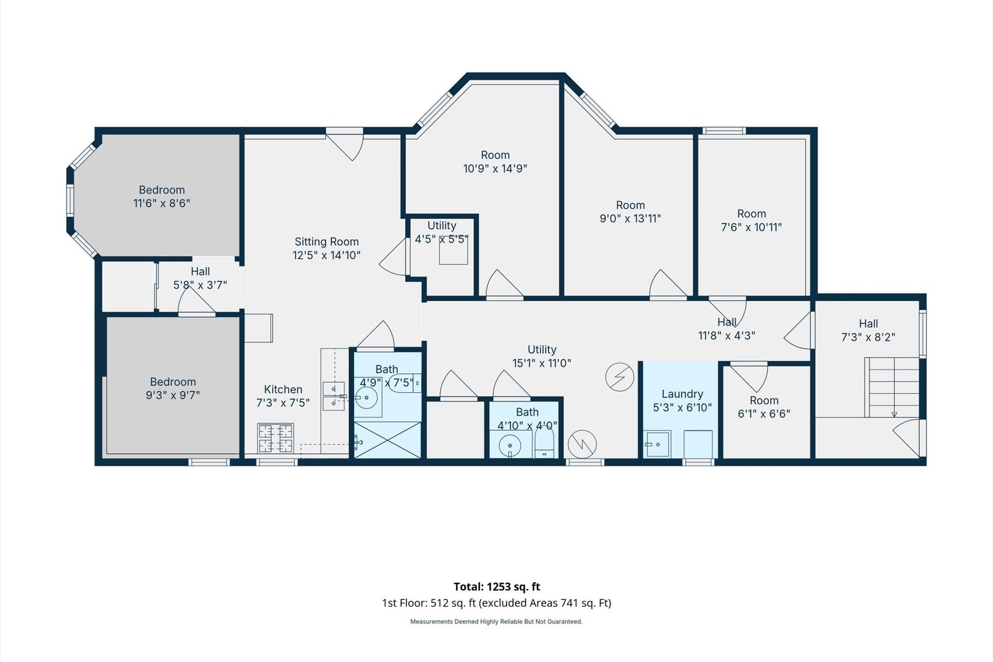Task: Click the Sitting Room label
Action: coord(327,242)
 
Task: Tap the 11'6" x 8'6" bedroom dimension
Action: coord(162,204)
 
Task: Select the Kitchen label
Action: coord(283,389)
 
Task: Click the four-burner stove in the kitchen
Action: coord(275,438)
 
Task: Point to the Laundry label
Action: coord(682,394)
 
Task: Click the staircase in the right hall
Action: coord(891,387)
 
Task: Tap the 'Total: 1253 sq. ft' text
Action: coord(496,587)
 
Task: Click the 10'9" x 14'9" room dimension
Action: coord(495,169)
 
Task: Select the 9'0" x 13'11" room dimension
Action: coord(630,219)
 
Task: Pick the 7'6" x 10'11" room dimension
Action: coord(751,227)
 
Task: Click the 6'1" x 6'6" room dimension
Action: coord(764,414)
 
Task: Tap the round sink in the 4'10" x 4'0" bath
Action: coord(510,445)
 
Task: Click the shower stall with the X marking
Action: coord(387,440)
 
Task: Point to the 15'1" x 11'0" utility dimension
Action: coord(542,363)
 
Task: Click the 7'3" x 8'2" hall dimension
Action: coord(868,337)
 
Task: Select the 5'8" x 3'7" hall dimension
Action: coord(200,284)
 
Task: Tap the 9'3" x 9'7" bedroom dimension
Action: coord(173,395)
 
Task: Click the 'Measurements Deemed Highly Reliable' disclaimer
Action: coord(496,622)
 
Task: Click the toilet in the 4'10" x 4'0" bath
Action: coord(544,443)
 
